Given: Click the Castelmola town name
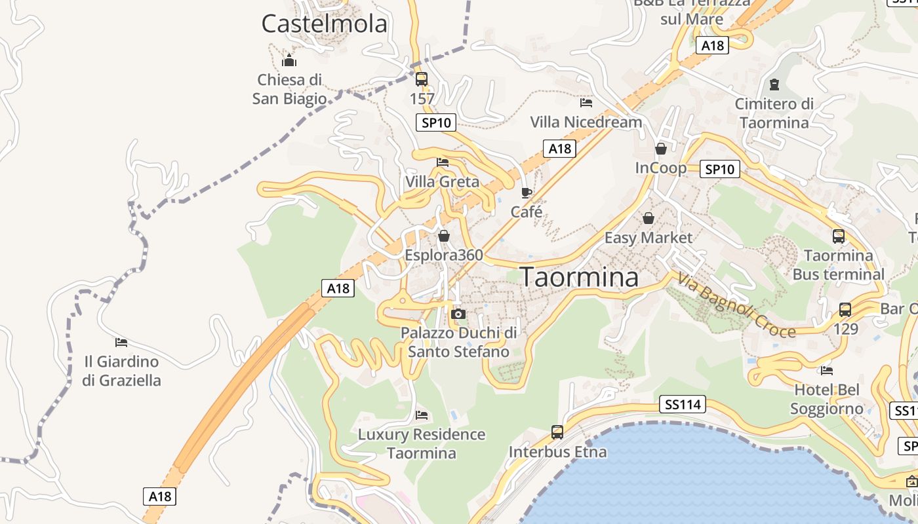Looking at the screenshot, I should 325,24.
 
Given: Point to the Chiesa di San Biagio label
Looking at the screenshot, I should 289,89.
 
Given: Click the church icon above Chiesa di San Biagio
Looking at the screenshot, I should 289,62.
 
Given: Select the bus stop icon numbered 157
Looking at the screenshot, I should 422,79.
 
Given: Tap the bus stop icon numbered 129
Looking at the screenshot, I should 845,310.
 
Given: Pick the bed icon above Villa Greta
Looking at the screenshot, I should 443,162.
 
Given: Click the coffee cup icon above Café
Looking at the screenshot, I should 526,193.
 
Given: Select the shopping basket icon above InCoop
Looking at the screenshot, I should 660,149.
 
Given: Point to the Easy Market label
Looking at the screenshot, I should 648,238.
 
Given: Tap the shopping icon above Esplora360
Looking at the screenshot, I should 444,236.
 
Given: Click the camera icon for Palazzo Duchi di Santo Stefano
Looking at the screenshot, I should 458,314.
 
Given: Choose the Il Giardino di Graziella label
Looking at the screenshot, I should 121,371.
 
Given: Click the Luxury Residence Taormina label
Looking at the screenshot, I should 421,443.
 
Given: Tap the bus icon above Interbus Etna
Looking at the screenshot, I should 557,432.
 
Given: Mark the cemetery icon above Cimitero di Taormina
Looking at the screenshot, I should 774,84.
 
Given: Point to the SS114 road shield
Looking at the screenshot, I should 683,405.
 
